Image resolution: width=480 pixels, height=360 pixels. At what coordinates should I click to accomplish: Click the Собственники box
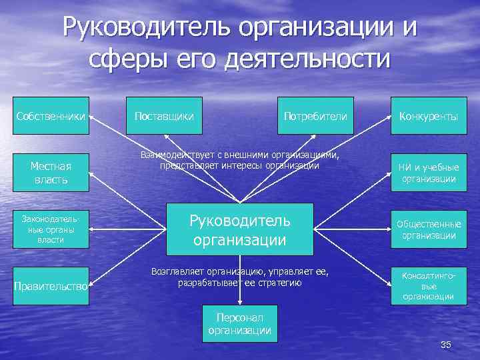51,116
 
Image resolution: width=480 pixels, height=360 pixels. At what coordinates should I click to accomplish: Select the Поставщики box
164,116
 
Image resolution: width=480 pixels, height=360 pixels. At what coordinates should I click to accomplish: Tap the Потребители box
315,116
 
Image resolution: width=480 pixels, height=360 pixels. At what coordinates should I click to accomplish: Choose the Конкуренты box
429,116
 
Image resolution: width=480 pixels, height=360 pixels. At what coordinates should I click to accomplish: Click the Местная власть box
51,173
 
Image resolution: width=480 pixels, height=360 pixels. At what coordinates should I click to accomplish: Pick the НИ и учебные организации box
429,173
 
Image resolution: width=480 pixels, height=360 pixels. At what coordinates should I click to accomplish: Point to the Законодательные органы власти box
51,229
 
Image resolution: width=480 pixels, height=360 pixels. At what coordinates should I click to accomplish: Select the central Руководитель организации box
239,229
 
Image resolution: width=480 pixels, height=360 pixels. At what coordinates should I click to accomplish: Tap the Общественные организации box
429,229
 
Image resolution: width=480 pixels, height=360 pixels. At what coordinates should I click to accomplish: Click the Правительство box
51,286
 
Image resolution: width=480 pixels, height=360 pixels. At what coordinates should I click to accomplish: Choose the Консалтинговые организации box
429,286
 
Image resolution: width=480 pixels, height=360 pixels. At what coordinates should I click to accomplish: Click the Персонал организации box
239,324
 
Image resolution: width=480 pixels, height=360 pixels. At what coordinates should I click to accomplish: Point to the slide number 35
446,344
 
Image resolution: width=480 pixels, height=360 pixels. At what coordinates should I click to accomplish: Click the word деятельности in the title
306,59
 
